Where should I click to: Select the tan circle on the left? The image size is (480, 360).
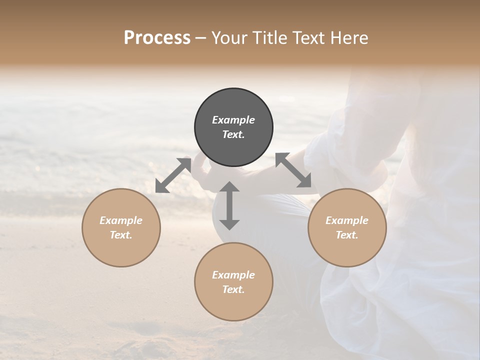[121, 250]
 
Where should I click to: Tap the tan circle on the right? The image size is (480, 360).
[347, 250]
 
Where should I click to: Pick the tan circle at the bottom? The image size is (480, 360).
[233, 305]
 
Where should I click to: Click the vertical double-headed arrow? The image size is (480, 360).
[229, 205]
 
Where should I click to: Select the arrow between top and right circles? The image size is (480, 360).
[293, 170]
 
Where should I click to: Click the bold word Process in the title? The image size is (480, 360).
[157, 37]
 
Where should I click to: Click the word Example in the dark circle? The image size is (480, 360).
[233, 120]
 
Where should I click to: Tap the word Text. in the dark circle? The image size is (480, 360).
[233, 134]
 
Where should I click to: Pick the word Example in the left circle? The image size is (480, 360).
[121, 220]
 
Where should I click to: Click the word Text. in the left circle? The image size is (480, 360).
[121, 235]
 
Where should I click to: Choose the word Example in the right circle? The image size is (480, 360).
[347, 220]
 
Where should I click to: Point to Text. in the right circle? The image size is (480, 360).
[347, 235]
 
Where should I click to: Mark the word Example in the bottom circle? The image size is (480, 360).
[233, 275]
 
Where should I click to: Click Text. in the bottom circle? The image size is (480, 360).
[233, 289]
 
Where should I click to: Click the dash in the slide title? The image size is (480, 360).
[201, 38]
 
